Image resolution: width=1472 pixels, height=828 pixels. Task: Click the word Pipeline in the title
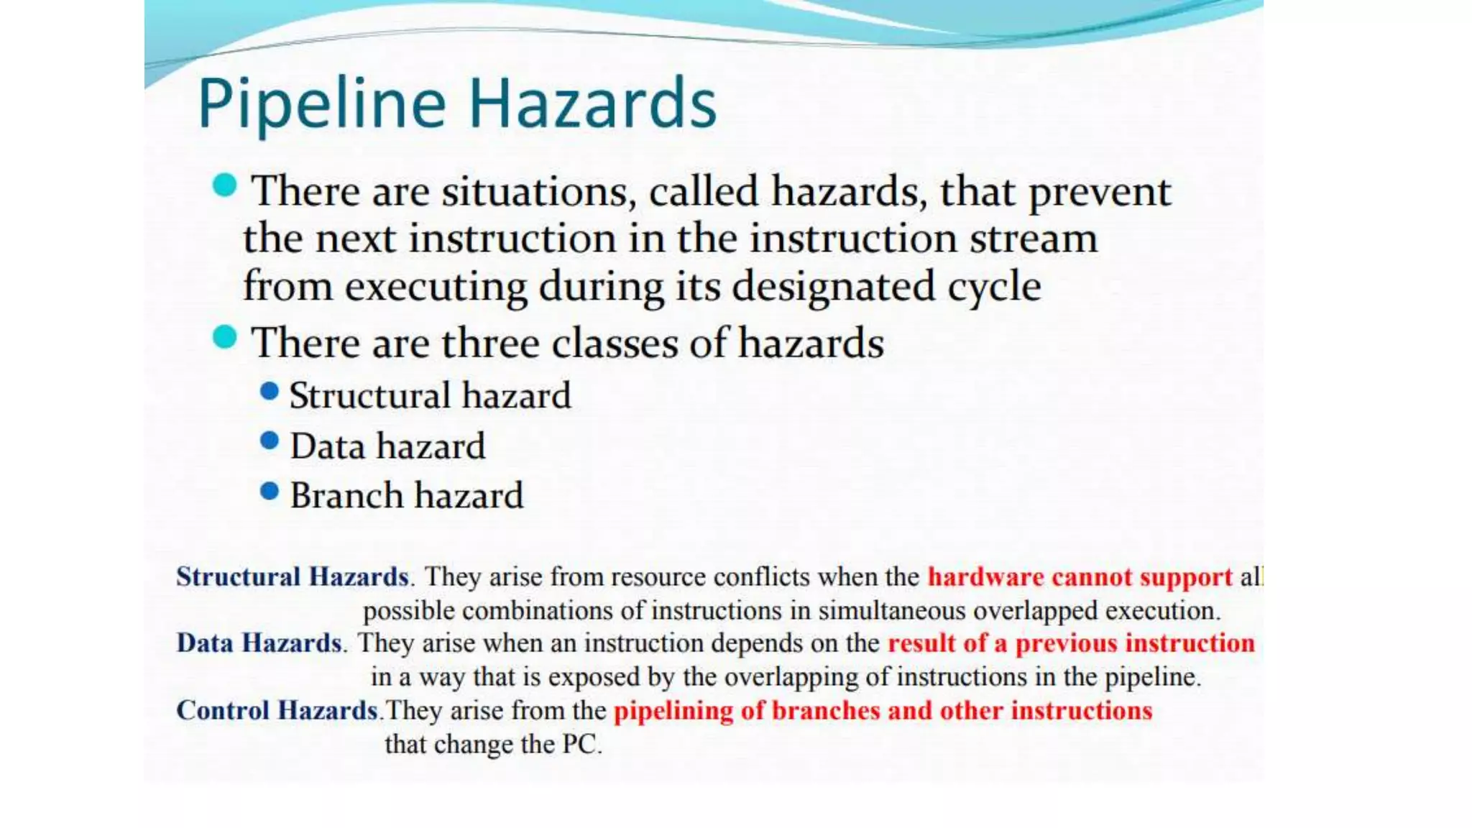tap(321, 104)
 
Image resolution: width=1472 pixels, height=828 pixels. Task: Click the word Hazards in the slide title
tap(593, 104)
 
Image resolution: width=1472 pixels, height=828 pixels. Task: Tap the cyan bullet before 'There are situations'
tap(225, 185)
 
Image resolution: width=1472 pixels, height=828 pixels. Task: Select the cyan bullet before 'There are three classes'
tap(225, 336)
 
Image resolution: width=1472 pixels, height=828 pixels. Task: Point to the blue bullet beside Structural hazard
tap(270, 391)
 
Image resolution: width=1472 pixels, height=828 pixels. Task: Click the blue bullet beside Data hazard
tap(270, 441)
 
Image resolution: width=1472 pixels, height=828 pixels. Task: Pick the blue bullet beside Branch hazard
tap(270, 491)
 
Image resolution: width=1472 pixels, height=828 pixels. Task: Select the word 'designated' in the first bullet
tap(834, 287)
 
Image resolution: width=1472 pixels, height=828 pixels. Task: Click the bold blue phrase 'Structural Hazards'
tap(293, 576)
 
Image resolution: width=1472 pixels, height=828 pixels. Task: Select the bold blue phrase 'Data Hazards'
tap(259, 643)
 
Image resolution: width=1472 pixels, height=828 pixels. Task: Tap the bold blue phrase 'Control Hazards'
tap(277, 710)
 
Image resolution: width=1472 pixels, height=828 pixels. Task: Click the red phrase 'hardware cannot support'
tap(1080, 576)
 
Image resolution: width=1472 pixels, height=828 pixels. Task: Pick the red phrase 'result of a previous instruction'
tap(1071, 643)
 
